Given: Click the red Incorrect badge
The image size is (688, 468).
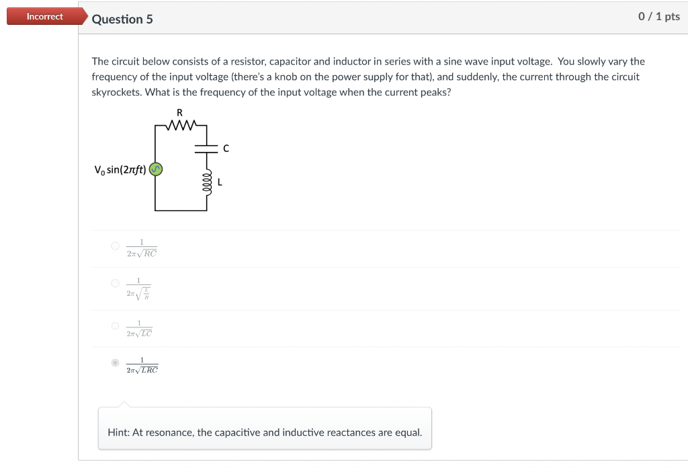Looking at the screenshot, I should click(x=45, y=17).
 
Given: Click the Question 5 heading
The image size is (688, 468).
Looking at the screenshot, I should click(x=122, y=19).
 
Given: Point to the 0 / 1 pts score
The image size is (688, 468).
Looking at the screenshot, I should click(x=658, y=17).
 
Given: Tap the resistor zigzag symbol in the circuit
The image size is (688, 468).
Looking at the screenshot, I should click(x=180, y=124).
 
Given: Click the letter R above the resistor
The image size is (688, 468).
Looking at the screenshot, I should click(x=179, y=112).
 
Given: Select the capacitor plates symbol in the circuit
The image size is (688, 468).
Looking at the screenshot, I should click(x=206, y=149).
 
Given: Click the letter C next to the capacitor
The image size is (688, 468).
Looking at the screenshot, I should click(x=226, y=149).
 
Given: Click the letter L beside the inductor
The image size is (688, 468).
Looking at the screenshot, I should click(x=220, y=182).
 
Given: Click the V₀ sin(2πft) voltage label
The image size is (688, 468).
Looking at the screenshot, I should click(x=120, y=169).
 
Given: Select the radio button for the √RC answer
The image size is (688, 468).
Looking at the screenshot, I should click(x=116, y=247).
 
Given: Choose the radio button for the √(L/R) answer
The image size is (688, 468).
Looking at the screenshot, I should click(x=116, y=283).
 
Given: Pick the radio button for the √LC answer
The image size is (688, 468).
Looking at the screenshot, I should click(x=116, y=326).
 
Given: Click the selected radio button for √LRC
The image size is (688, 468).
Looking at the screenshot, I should click(x=116, y=363).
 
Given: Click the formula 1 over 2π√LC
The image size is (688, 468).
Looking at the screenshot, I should click(x=139, y=328).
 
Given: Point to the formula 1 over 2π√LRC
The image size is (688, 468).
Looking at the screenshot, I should click(x=142, y=365).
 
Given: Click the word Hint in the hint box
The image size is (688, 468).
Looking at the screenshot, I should click(x=118, y=432).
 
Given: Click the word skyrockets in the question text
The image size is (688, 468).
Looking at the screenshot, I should click(x=114, y=92).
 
